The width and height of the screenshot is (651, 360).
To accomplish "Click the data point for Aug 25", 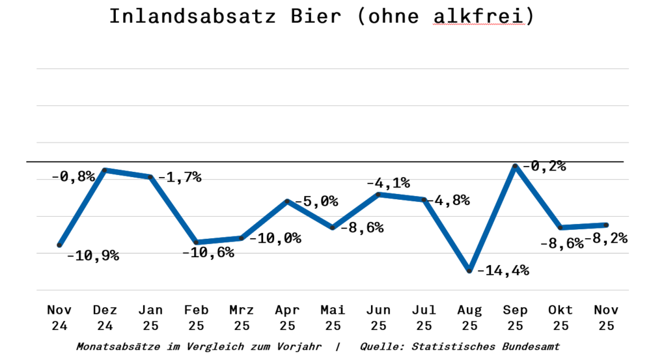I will click(x=469, y=270).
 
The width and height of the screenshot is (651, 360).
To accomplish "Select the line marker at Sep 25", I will click(x=515, y=167).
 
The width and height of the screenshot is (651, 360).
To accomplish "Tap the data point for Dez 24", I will click(x=105, y=170).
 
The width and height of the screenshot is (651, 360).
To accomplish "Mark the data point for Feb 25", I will click(x=196, y=242).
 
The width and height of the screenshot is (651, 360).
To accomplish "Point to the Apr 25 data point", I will click(x=287, y=202).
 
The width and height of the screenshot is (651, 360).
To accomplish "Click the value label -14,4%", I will click(x=503, y=270).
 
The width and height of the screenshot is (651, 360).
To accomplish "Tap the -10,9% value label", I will click(x=93, y=256).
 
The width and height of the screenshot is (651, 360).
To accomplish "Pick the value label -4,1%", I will click(x=388, y=183).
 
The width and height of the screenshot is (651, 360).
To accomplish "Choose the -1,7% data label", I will click(x=180, y=177).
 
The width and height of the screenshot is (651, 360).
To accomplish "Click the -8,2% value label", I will click(x=606, y=239).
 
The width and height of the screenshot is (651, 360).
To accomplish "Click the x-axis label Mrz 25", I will click(x=242, y=318).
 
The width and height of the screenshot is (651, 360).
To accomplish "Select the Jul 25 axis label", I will click(x=424, y=318).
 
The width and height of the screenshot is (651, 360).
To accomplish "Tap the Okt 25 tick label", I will click(x=561, y=318).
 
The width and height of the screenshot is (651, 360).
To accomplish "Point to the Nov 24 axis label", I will click(x=59, y=318).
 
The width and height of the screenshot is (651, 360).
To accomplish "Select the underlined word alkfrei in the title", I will click(x=478, y=16).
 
